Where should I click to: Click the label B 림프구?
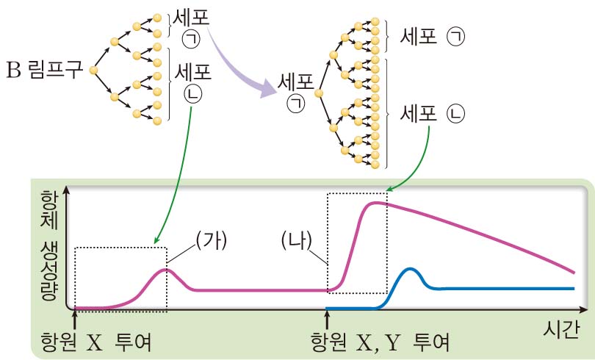(45, 71)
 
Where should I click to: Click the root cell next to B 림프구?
(93, 71)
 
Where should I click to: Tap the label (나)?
(298, 240)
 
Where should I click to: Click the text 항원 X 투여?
(98, 343)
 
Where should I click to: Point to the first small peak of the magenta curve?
(166, 270)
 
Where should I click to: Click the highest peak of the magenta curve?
(377, 203)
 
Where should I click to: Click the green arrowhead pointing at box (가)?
(156, 240)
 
